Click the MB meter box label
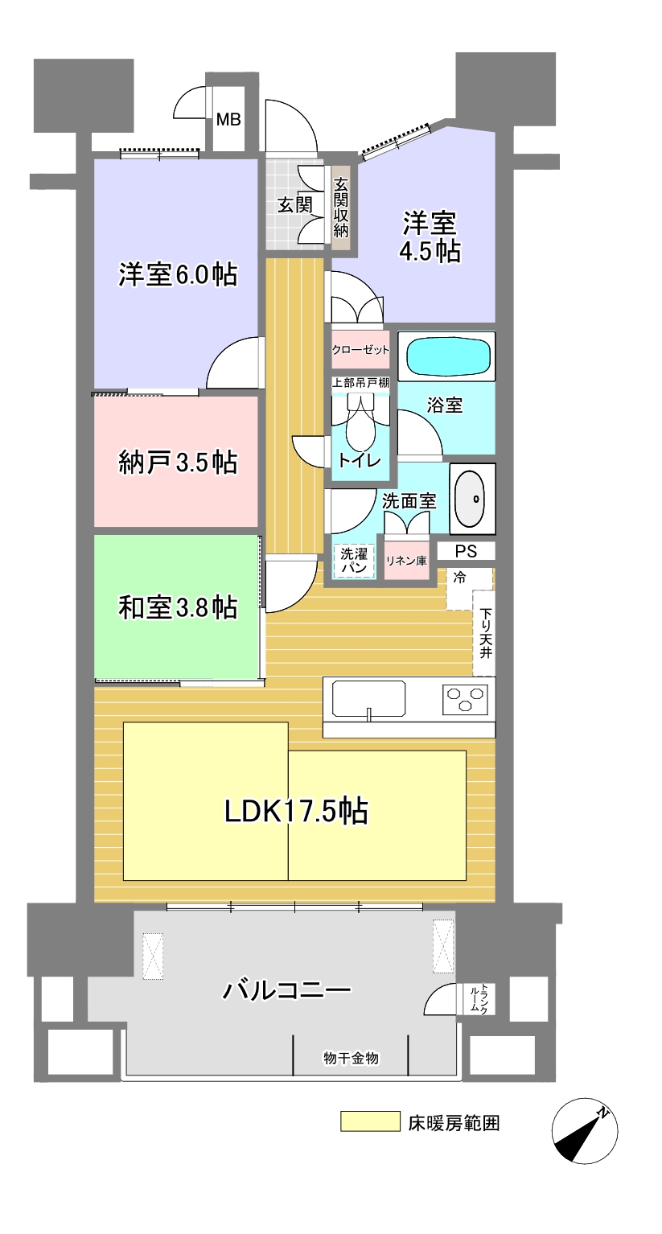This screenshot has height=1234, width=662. (x=228, y=119)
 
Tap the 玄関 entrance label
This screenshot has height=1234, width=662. (x=295, y=205)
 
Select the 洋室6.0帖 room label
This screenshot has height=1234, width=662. (x=178, y=274)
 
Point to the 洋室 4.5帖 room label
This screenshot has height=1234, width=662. (x=430, y=237)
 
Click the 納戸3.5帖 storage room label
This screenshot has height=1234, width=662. (x=178, y=462)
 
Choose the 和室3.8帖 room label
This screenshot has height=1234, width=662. (x=178, y=607)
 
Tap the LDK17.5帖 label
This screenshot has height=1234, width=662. (x=296, y=811)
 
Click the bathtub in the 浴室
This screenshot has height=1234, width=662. (x=448, y=356)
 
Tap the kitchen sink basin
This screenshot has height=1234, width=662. (x=368, y=698)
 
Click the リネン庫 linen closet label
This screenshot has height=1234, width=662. (x=406, y=561)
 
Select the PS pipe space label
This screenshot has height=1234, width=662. (x=466, y=551)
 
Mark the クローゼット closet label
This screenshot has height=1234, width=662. (x=360, y=349)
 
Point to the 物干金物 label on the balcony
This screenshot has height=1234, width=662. (x=351, y=1058)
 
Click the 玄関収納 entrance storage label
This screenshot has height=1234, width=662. (x=341, y=207)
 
